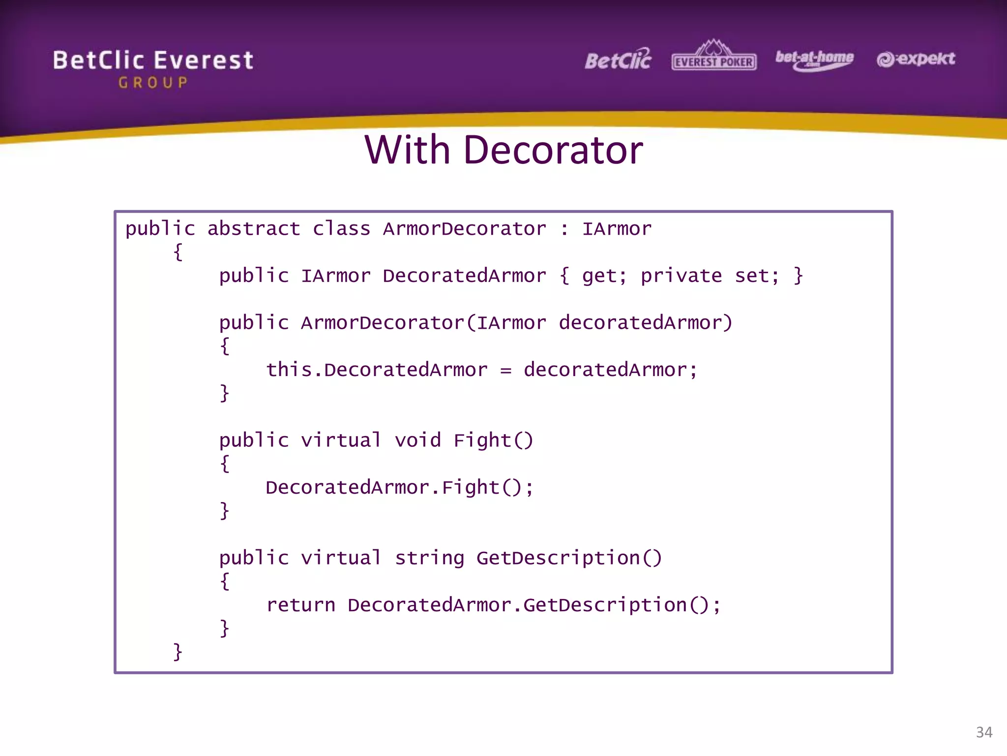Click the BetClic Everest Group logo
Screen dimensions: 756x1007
click(x=153, y=68)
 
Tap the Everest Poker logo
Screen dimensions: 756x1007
click(x=714, y=56)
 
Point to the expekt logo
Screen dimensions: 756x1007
click(x=916, y=59)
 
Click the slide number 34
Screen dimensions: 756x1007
click(x=984, y=732)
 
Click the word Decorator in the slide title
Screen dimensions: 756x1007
click(x=553, y=150)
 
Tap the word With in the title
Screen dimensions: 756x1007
click(x=407, y=150)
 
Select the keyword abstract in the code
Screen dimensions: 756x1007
click(x=253, y=229)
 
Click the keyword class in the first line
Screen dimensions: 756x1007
click(x=341, y=229)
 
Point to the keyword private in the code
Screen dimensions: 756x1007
click(x=681, y=276)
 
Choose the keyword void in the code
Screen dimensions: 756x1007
click(x=417, y=441)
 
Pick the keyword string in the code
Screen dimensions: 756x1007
click(x=429, y=558)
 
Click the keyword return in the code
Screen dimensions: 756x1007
click(x=300, y=605)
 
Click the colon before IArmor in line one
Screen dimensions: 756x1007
click(x=564, y=229)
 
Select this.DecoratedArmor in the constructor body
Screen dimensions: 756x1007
click(x=377, y=370)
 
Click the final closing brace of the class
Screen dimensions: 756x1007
click(x=178, y=652)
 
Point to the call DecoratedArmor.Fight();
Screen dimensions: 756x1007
click(x=399, y=488)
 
